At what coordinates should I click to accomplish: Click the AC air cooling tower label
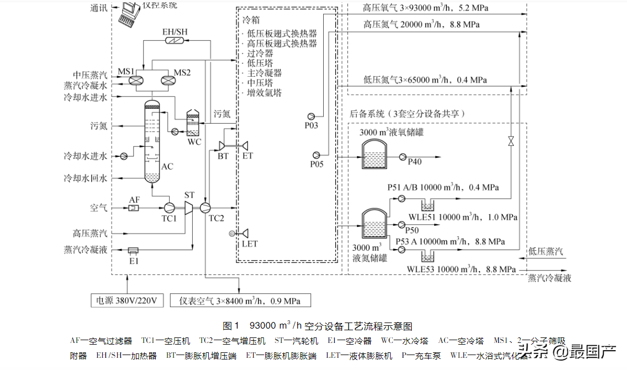[x=167, y=166]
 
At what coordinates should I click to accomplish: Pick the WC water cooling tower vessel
[x=193, y=124]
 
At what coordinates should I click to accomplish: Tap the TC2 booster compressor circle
[x=206, y=207]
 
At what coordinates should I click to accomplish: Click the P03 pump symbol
[x=312, y=115]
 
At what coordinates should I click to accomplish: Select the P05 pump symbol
[x=317, y=155]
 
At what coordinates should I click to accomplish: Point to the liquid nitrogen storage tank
[x=374, y=224]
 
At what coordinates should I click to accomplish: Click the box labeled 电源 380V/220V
[x=127, y=300]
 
